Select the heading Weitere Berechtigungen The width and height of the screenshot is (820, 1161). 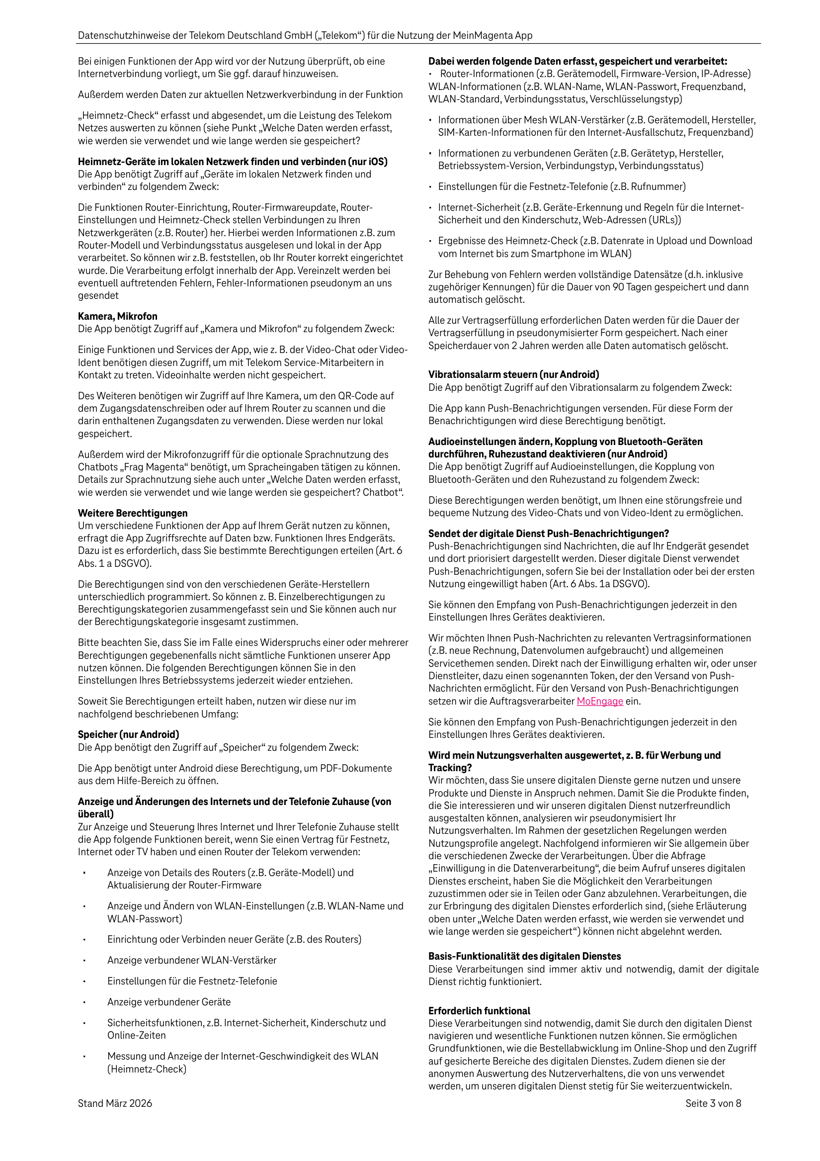pyautogui.click(x=133, y=513)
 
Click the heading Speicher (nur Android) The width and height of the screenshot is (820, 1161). pyautogui.click(x=128, y=735)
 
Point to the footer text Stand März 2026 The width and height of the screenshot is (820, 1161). pyautogui.click(x=115, y=1103)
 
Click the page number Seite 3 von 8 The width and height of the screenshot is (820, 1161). pyautogui.click(x=713, y=1103)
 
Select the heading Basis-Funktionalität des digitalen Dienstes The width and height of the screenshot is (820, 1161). pyautogui.click(x=524, y=956)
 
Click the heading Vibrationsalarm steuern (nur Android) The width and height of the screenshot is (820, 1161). pyautogui.click(x=514, y=375)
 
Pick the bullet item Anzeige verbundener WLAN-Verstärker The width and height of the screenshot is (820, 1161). pyautogui.click(x=192, y=960)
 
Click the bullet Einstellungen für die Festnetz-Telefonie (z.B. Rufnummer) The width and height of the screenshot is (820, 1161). pyautogui.click(x=562, y=186)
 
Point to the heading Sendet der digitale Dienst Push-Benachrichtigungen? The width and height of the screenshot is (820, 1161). pyautogui.click(x=549, y=534)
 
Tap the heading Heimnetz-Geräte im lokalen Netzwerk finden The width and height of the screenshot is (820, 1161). pyautogui.click(x=233, y=162)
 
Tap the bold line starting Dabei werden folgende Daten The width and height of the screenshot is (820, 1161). pyautogui.click(x=577, y=62)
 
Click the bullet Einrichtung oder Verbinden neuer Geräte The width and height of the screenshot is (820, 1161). pyautogui.click(x=234, y=940)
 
